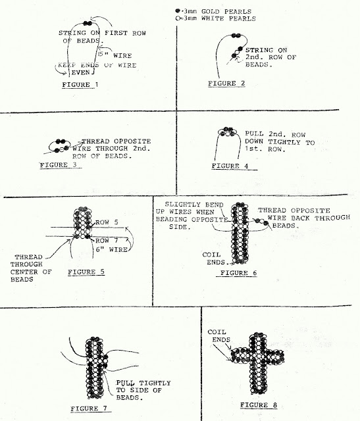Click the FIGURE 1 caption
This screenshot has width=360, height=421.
click(x=80, y=85)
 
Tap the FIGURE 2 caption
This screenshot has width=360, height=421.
click(x=226, y=84)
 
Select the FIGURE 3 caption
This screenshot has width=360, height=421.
click(x=58, y=165)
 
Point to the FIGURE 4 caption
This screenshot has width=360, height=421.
click(x=230, y=166)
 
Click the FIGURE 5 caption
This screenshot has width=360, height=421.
click(x=86, y=272)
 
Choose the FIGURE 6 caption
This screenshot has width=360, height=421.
click(x=238, y=273)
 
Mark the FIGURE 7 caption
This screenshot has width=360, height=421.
click(x=89, y=409)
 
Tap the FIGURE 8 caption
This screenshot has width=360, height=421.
click(x=259, y=405)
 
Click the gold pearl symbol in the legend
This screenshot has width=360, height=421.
click(x=178, y=11)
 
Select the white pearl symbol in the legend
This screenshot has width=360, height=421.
click(x=178, y=18)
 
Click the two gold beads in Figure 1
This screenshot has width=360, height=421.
click(x=88, y=24)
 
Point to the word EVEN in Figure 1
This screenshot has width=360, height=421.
click(x=80, y=72)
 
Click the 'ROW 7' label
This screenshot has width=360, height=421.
click(x=107, y=240)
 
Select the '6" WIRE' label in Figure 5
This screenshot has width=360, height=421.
click(x=112, y=249)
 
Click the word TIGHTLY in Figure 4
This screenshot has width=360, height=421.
click(x=285, y=142)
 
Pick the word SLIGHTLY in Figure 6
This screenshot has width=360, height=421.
click(x=194, y=205)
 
